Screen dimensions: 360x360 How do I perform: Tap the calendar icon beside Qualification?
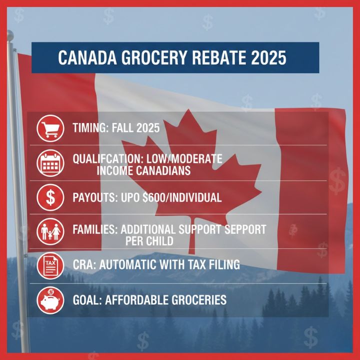click(x=50, y=163)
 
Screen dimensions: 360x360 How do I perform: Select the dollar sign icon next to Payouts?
click(x=50, y=197)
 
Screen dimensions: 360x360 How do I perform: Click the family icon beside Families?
click(x=50, y=231)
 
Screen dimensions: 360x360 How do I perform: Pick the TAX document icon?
click(x=50, y=265)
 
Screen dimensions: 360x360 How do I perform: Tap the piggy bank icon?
click(x=50, y=300)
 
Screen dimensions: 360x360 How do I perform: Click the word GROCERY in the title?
click(x=143, y=58)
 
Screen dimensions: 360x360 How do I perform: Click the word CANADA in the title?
click(x=83, y=58)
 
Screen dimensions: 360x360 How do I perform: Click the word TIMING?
click(x=88, y=128)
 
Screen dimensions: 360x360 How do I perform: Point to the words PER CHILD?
click(x=149, y=241)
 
